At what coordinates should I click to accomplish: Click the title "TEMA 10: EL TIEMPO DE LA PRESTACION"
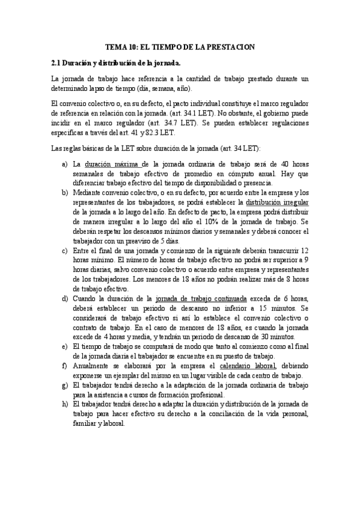tap(180, 47)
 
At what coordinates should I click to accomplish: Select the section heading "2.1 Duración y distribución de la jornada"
tap(115, 63)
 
